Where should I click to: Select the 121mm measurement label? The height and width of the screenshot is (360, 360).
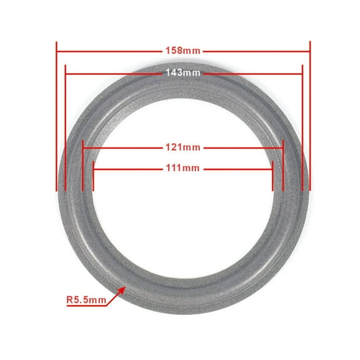point(182,148)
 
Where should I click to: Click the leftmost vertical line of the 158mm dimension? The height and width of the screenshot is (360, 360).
point(57,119)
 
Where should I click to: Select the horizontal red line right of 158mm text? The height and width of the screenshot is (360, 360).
point(256,49)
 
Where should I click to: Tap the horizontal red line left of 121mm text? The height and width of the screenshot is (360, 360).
point(122,148)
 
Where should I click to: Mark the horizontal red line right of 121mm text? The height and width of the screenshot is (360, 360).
point(244,148)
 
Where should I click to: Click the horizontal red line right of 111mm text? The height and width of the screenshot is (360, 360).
point(237,167)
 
